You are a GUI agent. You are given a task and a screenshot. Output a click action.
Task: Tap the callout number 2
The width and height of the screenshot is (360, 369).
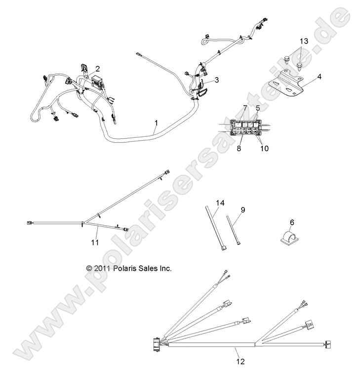click(97, 69)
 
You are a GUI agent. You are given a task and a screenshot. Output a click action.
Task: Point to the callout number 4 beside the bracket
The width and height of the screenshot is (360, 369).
click(320, 77)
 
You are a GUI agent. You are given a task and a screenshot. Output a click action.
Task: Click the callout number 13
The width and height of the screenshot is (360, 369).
click(303, 40)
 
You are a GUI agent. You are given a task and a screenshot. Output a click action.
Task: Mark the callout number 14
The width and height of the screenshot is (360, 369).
click(220, 203)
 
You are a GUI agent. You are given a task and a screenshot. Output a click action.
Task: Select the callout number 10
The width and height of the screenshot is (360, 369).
click(264, 148)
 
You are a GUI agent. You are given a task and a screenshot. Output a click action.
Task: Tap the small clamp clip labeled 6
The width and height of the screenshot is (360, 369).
click(285, 236)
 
